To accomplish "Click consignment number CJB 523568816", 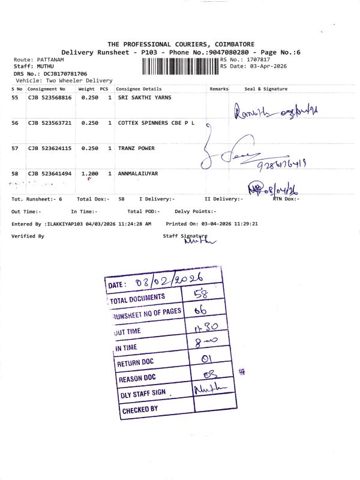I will point(50,97).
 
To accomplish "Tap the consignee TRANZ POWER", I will point(136,148).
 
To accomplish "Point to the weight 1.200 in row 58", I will point(89,173).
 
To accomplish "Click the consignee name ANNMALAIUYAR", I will point(138,173).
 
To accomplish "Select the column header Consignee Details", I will point(139,89).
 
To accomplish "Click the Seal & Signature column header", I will point(266,89).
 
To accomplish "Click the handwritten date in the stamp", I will point(171,280).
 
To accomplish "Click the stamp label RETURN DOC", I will point(137,363).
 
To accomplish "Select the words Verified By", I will point(28,236).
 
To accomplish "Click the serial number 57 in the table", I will point(15,148).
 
